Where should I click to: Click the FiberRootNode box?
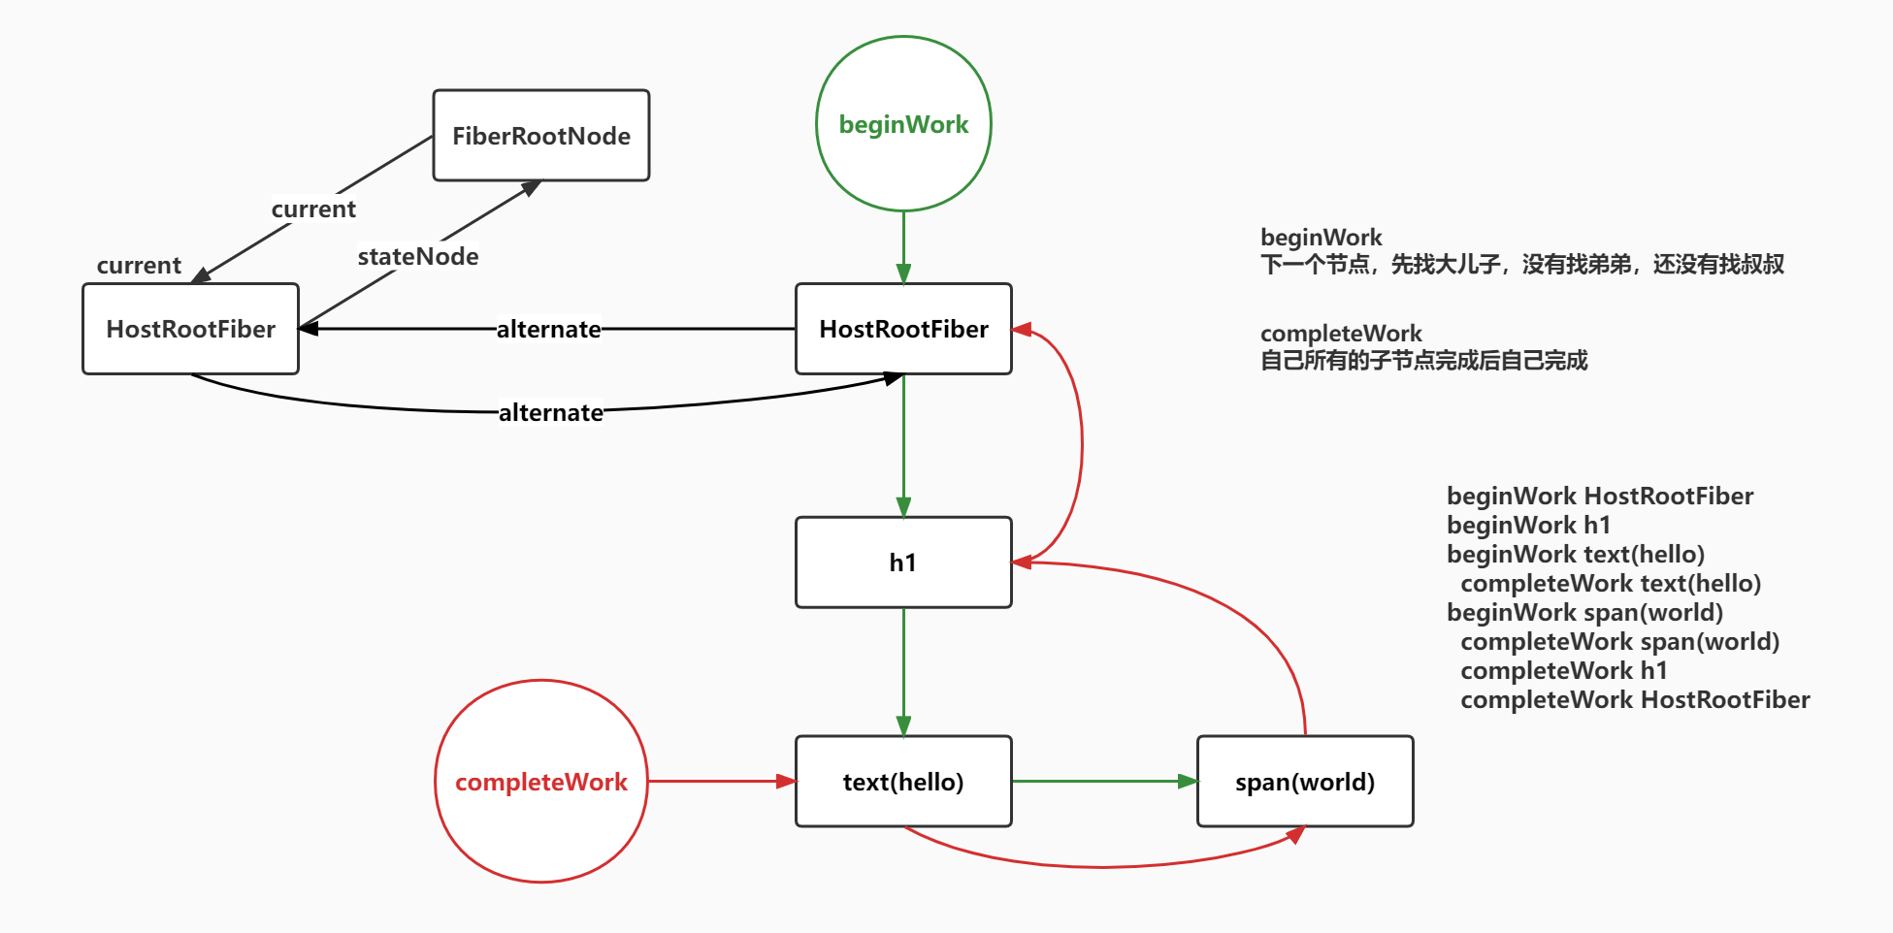tap(540, 136)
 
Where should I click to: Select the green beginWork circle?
tap(903, 124)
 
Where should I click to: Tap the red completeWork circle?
tap(540, 782)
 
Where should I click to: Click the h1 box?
tap(903, 563)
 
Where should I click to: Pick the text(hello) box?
tap(903, 782)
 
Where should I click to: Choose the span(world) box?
tap(1305, 782)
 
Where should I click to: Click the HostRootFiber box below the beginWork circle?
tap(903, 329)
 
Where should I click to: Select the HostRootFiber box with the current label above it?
tap(190, 329)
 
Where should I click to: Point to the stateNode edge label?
tap(417, 257)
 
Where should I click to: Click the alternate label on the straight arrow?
tap(548, 330)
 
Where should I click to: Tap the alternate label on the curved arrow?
tap(550, 413)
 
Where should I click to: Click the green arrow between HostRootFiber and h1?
tap(903, 445)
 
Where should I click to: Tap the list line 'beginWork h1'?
tap(1528, 526)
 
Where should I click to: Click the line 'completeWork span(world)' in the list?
tap(1619, 642)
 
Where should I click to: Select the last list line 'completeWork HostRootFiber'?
tap(1635, 700)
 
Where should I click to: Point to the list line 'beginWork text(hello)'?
tap(1575, 555)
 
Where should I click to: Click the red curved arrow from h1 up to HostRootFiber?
tap(1081, 445)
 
